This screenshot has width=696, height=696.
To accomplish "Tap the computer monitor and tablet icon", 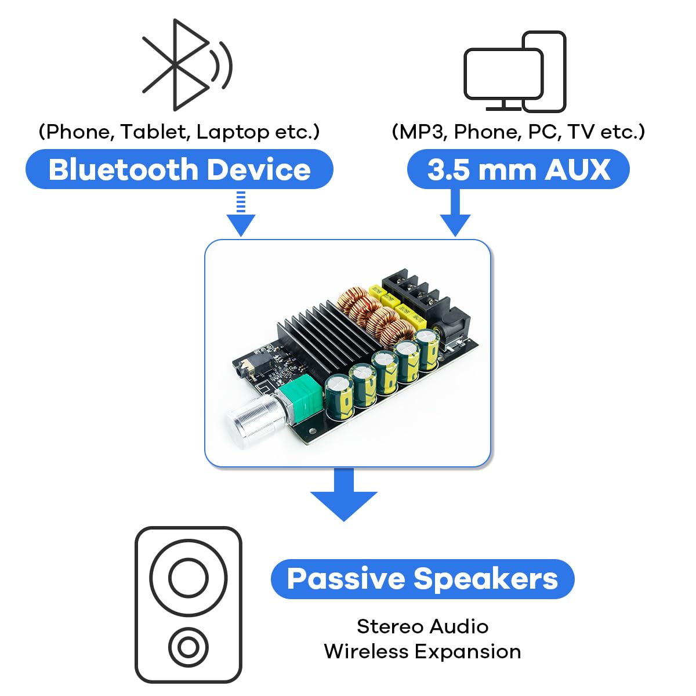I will point(514,72).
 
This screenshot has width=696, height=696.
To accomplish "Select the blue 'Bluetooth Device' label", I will point(179,169).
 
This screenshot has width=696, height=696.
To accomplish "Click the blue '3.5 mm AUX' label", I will point(518,169).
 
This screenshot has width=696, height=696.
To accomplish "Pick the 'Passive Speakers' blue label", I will point(422,579).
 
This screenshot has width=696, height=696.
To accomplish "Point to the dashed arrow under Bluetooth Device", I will point(241,215).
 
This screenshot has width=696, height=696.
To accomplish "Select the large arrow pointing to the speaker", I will point(344,496).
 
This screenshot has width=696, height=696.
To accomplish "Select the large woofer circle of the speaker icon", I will point(188,578).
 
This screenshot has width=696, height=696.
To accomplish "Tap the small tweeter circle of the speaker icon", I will point(188,646).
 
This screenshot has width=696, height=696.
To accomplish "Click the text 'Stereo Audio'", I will point(422,626).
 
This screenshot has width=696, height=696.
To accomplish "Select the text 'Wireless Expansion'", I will point(422,651).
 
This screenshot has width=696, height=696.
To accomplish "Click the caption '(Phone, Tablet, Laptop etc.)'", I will point(179,132).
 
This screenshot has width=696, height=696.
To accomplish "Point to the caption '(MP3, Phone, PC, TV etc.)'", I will point(518,132).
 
